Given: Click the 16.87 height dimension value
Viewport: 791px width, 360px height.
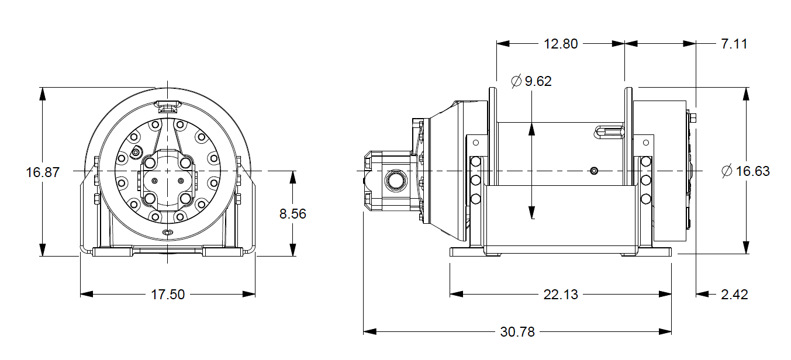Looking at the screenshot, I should (43, 172).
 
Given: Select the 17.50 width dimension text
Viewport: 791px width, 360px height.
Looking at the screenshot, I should (168, 295).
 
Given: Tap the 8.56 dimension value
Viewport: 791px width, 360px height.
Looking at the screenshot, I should (292, 214).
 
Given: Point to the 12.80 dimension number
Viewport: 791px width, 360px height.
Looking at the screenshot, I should (561, 44).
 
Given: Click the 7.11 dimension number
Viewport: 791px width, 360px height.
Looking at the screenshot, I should (734, 44).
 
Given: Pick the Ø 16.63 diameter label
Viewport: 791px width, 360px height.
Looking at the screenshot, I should (745, 171).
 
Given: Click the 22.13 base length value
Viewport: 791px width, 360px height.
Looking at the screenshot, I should (561, 295).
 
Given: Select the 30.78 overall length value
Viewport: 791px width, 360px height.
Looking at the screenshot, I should (517, 332).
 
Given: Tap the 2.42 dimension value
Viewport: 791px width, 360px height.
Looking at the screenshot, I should (734, 295).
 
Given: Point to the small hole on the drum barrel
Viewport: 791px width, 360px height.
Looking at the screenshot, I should (594, 171).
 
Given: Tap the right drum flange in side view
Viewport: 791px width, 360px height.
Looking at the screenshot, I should (628, 134).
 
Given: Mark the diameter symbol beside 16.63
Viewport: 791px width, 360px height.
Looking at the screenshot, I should (727, 171).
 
